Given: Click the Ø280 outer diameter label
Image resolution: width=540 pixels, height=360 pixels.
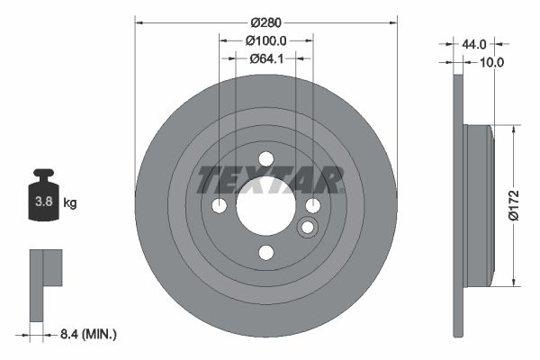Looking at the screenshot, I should (x=265, y=21).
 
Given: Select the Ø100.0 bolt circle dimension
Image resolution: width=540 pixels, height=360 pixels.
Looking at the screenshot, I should (x=265, y=40).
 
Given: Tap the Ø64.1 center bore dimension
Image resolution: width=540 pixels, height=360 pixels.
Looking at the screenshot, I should (x=265, y=59).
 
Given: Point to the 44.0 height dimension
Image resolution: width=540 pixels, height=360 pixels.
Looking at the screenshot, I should (x=474, y=43).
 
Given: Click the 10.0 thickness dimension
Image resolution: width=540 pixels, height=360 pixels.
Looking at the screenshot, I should (x=491, y=62).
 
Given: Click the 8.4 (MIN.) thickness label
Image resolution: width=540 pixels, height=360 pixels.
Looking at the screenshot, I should (x=86, y=334).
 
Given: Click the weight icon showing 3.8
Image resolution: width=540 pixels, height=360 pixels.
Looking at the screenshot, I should (x=42, y=200).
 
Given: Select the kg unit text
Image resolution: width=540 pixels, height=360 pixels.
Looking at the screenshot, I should (x=70, y=203).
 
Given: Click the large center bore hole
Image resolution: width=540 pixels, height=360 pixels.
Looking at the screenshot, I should (x=265, y=206).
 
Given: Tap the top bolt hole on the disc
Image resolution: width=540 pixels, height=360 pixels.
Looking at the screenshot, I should (x=265, y=159).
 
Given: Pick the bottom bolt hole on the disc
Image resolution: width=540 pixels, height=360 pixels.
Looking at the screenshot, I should (x=265, y=252).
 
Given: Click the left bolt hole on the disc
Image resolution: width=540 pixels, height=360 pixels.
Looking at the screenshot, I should (x=220, y=206).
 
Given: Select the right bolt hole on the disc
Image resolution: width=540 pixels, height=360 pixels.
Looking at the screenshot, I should (x=312, y=206).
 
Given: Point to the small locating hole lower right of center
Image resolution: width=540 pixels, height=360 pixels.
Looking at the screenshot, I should (x=307, y=226).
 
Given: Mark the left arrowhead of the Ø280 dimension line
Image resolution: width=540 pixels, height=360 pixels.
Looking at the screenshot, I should (x=139, y=21).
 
